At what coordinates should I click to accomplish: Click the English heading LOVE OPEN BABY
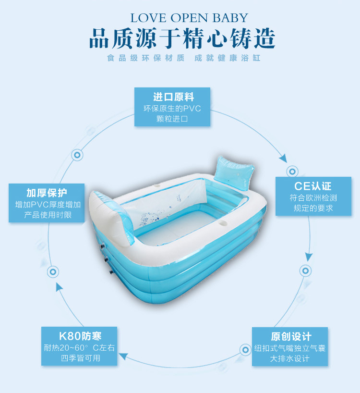tap(190, 18)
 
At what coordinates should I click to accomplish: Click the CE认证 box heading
tap(313, 186)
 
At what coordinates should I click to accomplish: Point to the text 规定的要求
tap(313, 208)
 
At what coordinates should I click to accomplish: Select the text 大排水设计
tap(289, 358)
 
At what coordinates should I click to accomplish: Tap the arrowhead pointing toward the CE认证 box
tap(283, 158)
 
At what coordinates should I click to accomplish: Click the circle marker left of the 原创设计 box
tap(243, 349)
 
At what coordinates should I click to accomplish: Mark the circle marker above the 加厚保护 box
tap(76, 155)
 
